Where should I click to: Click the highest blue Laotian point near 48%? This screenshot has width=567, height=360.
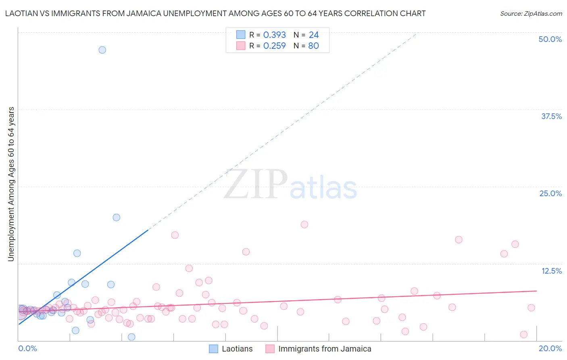click(102, 50)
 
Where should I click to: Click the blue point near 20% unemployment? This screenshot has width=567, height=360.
click(117, 218)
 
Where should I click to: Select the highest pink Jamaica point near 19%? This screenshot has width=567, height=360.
click(304, 224)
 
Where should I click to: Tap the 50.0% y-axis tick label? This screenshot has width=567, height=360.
click(550, 39)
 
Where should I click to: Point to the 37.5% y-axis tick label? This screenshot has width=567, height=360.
click(551, 116)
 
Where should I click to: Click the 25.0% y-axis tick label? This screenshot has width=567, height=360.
click(550, 193)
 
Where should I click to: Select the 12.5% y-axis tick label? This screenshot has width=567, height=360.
click(551, 271)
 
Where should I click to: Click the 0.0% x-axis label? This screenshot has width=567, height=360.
click(27, 348)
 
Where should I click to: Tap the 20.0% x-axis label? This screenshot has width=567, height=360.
click(550, 348)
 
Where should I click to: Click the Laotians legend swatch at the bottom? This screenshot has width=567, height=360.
click(213, 349)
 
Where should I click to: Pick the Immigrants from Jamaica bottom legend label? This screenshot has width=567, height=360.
click(325, 349)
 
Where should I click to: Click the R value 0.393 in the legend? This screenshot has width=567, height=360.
click(274, 35)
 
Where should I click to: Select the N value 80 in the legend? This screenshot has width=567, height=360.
click(313, 46)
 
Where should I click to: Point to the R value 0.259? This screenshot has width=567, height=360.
click(274, 46)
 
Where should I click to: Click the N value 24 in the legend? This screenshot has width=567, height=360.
click(313, 35)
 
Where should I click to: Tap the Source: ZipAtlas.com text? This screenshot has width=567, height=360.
click(531, 14)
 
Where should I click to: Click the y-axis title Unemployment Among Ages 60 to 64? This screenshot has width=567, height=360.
click(11, 184)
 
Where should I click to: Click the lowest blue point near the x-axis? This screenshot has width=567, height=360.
click(131, 337)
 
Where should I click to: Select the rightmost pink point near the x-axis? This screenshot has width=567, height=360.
click(524, 334)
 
